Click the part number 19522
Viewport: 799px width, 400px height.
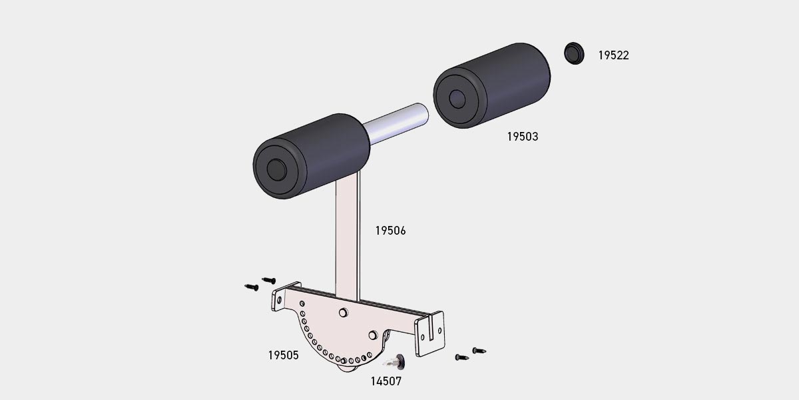point(613,55)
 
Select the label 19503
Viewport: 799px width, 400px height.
point(523,137)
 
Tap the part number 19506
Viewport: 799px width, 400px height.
point(390,231)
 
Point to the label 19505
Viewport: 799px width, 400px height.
point(283,355)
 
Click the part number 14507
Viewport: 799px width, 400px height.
point(386,381)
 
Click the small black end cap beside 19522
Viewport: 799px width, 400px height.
point(574,53)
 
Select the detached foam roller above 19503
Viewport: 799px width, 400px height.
point(491,86)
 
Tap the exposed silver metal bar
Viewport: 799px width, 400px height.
point(396,123)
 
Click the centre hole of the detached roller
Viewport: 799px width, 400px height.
point(457,99)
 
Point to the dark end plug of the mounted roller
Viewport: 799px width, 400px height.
point(276,170)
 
